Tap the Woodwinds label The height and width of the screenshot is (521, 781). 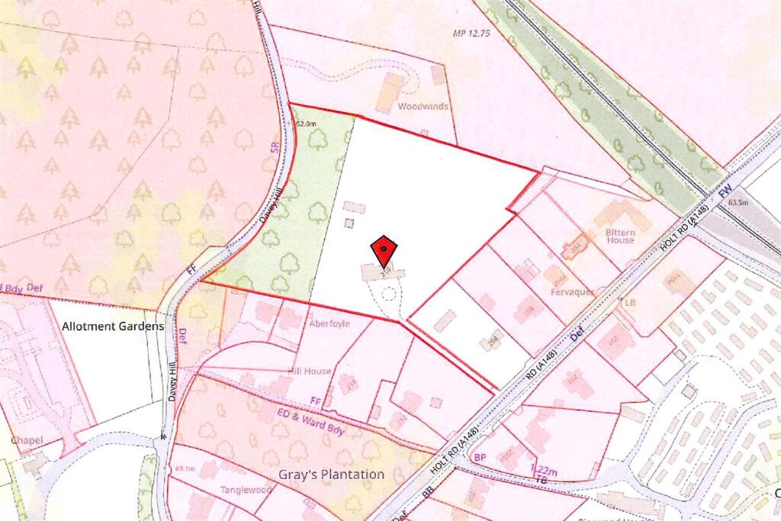(x=422, y=107)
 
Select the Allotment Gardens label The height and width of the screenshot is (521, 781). (x=113, y=326)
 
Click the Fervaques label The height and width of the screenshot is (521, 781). (x=570, y=292)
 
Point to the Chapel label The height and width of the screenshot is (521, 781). (x=27, y=440)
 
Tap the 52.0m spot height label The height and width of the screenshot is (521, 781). (x=305, y=123)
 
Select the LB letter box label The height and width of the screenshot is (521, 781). (x=630, y=302)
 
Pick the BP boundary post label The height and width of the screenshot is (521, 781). (x=480, y=456)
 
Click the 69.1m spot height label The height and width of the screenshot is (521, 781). (x=186, y=468)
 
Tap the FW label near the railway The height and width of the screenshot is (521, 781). (x=725, y=186)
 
